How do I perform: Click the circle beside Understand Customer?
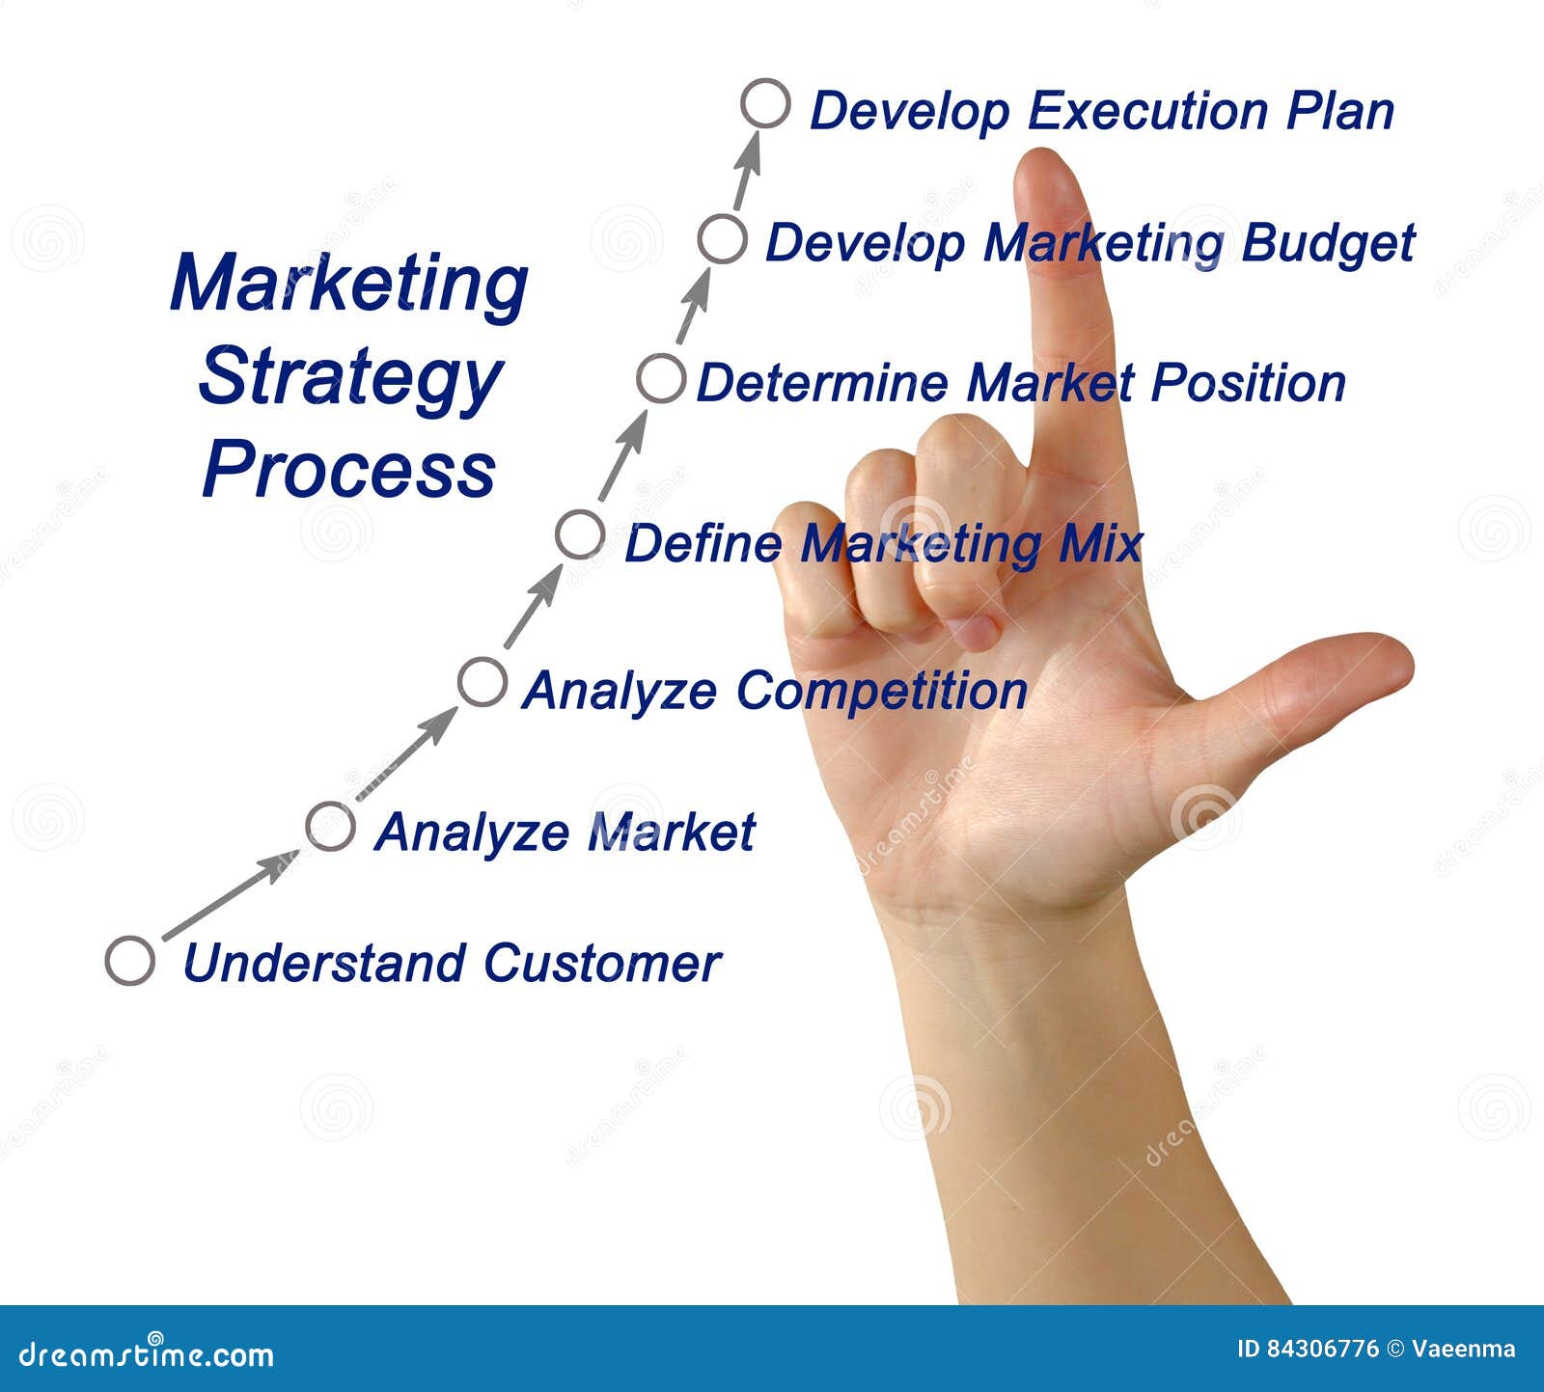click(x=130, y=960)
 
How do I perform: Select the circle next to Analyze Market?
click(x=330, y=826)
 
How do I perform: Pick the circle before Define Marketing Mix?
click(x=580, y=534)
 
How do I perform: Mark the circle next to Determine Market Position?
click(x=661, y=378)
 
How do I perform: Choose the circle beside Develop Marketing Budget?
click(x=722, y=239)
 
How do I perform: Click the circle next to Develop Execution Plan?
click(x=765, y=103)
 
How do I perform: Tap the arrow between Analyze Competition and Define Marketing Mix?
click(x=534, y=606)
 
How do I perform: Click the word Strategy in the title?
click(x=350, y=379)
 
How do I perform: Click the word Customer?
click(x=602, y=963)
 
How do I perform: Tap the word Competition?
click(x=881, y=691)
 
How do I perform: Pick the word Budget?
click(x=1328, y=243)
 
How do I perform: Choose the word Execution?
click(x=1146, y=111)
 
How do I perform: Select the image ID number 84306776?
click(x=1309, y=1349)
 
